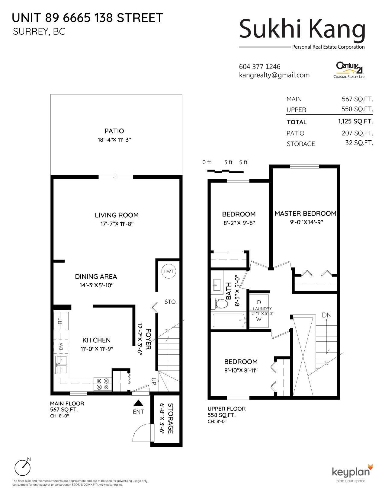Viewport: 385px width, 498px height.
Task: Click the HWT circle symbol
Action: pos(168,271)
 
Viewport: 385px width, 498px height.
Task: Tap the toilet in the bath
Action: pos(220,304)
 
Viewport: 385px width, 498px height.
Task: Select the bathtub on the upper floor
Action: pos(229,320)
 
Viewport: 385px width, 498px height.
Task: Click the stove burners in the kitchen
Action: pos(103,384)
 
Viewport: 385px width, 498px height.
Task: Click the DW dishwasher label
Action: pos(61,346)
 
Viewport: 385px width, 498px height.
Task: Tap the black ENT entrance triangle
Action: pos(138,403)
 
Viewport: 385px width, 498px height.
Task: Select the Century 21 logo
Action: pos(349,70)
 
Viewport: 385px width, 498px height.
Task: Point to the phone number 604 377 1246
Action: pos(260,67)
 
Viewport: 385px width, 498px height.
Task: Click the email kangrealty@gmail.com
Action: pos(274,75)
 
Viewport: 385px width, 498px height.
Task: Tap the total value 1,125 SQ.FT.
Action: pos(355,121)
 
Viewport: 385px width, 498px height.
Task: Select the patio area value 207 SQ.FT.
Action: pos(357,133)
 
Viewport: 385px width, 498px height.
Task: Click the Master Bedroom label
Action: pos(305,213)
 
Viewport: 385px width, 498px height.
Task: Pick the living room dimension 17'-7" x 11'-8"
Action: pos(117,224)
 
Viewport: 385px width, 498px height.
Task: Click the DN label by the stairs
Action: pos(326,315)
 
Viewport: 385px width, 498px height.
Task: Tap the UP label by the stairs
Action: pos(154,381)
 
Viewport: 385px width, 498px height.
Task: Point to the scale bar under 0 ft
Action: pos(225,171)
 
